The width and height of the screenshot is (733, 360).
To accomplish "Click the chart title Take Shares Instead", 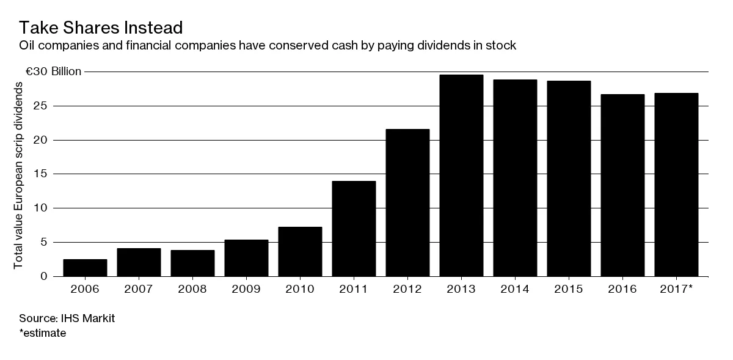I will (101, 28).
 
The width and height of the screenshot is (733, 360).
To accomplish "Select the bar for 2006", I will (85, 268).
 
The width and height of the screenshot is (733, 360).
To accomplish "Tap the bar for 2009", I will (246, 258).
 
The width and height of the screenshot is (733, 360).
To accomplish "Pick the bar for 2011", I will (354, 229).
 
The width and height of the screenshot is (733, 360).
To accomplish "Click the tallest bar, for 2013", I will (461, 175).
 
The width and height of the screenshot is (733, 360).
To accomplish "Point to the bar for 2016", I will (622, 185).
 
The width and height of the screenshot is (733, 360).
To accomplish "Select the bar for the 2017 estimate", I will (676, 185).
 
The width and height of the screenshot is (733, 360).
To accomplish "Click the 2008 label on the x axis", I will (192, 288).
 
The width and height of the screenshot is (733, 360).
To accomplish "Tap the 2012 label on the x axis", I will (407, 288).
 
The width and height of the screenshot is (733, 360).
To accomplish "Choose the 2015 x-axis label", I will (569, 288).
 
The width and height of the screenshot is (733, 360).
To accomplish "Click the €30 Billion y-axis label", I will (53, 72).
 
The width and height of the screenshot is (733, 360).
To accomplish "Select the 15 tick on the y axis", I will (41, 174).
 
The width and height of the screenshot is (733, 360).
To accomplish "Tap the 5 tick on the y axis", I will (44, 242).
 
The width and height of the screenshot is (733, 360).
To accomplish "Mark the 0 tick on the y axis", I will (44, 276).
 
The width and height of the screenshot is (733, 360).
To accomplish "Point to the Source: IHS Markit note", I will (59, 318).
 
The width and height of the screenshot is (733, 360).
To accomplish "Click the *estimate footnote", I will (43, 333).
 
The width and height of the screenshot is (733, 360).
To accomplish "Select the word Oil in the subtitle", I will (27, 46).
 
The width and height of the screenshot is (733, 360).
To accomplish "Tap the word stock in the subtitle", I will (503, 46).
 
